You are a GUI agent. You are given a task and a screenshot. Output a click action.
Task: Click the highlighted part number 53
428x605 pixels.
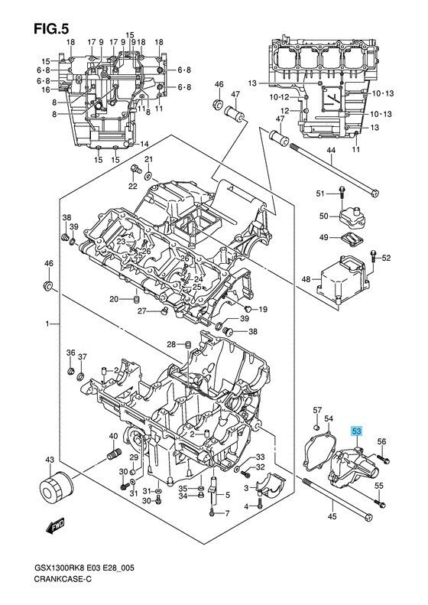(356, 431)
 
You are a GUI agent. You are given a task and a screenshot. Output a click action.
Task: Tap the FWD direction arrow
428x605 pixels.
(55, 526)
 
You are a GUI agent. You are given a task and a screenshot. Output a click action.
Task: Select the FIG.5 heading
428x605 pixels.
(51, 28)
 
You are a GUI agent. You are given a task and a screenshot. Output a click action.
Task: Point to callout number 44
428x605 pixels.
(331, 151)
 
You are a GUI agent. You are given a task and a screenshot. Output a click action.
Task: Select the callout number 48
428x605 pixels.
(306, 278)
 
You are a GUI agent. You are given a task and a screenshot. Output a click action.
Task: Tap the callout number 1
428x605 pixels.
(47, 324)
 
